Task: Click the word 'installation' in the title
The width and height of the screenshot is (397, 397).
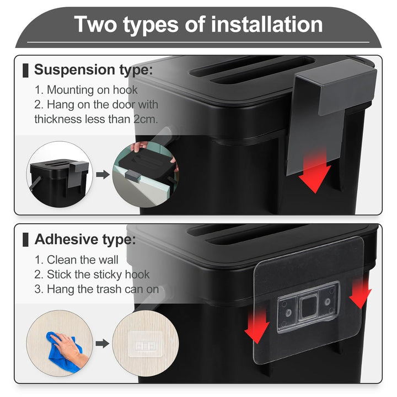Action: click(267, 24)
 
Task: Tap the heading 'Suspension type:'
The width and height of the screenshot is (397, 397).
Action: click(94, 70)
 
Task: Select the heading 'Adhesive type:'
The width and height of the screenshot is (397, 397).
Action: click(85, 239)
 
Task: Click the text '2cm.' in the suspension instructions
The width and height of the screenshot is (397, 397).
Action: click(146, 119)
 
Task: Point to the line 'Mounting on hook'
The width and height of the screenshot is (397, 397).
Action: click(86, 90)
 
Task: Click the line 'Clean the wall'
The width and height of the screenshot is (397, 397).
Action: click(77, 260)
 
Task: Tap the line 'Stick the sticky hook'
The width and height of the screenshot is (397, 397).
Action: click(92, 275)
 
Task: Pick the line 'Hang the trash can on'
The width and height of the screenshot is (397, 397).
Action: click(96, 289)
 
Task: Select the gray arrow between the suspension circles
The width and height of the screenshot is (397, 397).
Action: click(103, 174)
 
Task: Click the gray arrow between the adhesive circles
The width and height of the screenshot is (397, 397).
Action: click(103, 344)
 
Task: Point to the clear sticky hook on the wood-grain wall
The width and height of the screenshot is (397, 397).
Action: click(146, 344)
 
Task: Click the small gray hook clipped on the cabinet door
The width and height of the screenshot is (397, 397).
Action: click(132, 175)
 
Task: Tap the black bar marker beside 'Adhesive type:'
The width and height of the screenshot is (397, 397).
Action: click(25, 239)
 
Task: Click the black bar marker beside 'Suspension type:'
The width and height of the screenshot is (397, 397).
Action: click(25, 71)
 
